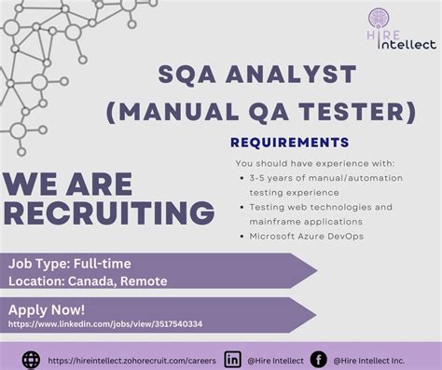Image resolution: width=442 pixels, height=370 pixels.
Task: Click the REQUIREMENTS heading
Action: (x=289, y=143)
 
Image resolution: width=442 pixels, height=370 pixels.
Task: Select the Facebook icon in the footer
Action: (x=318, y=359)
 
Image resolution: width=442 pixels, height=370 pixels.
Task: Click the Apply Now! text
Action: (x=47, y=308)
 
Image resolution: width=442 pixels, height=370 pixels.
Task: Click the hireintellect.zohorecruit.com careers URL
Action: (x=131, y=359)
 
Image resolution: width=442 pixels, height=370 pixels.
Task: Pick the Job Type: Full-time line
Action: (x=70, y=264)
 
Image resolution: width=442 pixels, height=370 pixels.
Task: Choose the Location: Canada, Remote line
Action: (x=89, y=280)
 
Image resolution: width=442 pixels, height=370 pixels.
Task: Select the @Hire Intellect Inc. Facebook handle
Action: (x=372, y=359)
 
